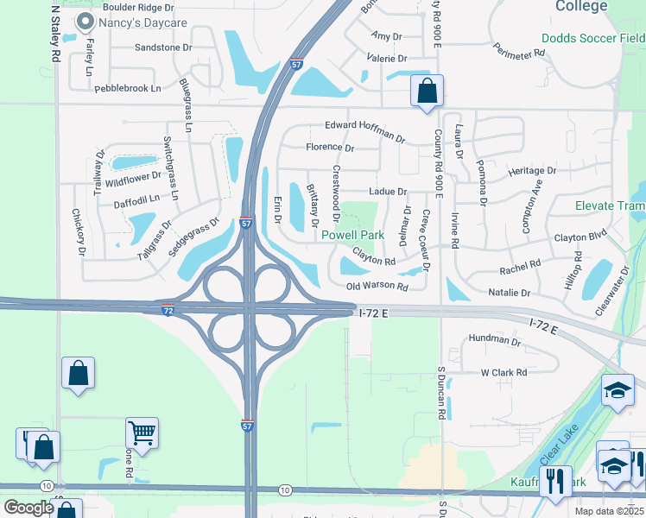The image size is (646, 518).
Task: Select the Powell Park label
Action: pyautogui.click(x=352, y=235)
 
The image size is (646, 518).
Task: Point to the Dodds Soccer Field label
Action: pyautogui.click(x=592, y=38)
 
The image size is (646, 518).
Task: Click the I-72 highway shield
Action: pyautogui.click(x=167, y=308)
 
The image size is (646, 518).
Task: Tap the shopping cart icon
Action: pyautogui.click(x=142, y=432)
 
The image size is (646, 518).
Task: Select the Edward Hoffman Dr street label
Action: pyautogui.click(x=364, y=130)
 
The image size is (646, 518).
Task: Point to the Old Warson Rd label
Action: pyautogui.click(x=377, y=286)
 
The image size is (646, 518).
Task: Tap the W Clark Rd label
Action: pyautogui.click(x=503, y=373)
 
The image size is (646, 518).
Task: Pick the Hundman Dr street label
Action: pyautogui.click(x=494, y=341)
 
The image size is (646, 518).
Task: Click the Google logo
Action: pyautogui.click(x=28, y=508)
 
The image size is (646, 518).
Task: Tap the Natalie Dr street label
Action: pyautogui.click(x=508, y=294)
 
